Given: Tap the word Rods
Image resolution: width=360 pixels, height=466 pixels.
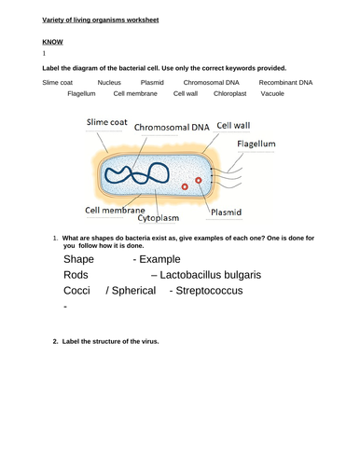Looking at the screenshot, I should (x=77, y=275).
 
